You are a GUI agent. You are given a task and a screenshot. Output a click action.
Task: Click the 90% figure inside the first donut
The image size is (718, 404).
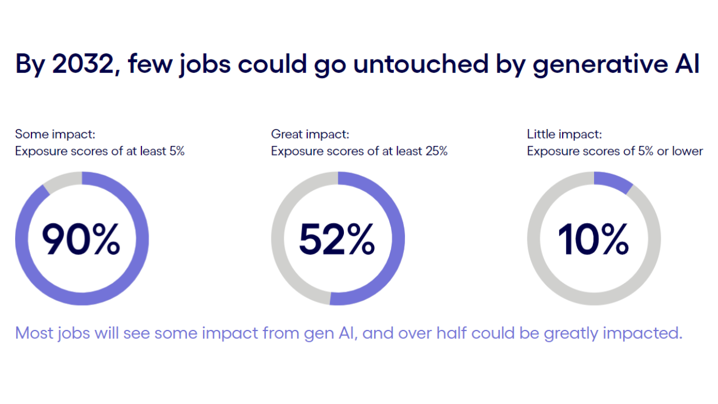pos(81,239)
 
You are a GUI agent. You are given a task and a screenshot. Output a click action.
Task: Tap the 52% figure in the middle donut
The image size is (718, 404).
pos(337,239)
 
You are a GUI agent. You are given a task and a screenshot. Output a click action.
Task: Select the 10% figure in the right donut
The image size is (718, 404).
pos(593,239)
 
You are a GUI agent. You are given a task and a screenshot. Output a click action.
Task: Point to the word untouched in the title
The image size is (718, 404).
pos(421,63)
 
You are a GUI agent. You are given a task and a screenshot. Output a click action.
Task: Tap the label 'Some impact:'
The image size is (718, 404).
pos(55,134)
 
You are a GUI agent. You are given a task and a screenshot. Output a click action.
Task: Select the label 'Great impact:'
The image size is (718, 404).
pos(310,134)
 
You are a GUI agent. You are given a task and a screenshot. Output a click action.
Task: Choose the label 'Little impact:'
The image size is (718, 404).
pos(564,134)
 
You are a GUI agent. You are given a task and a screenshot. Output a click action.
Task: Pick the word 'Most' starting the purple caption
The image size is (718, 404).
pos(34,333)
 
